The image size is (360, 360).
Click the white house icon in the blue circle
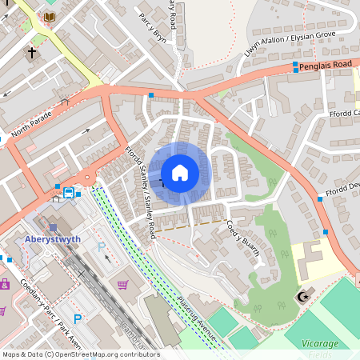pyautogui.click(x=180, y=172)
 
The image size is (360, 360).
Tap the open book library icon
pyautogui.click(x=50, y=17)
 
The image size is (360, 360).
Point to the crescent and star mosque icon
pyautogui.click(x=302, y=297)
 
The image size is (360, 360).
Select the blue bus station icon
pyautogui.click(x=69, y=193)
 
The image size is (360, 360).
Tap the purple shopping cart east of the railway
pyautogui.click(x=122, y=285)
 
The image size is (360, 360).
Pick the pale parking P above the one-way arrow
pyautogui.click(x=100, y=248)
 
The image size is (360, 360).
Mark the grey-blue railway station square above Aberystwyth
pyautogui.click(x=53, y=228)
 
